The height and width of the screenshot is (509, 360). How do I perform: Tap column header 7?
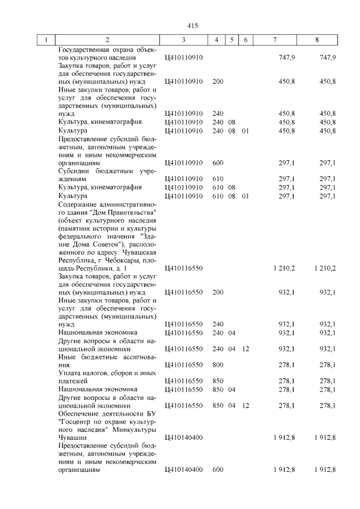click(274, 40)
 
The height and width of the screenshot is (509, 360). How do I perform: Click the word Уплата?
click(70, 373)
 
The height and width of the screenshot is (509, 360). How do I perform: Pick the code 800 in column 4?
click(218, 365)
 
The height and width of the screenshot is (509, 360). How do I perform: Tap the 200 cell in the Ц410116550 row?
click(218, 292)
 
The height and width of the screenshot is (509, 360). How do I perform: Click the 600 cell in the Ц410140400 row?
click(218, 470)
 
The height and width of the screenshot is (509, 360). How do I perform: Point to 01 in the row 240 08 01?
click(245, 130)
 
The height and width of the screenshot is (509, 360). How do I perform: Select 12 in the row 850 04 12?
click(245, 405)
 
